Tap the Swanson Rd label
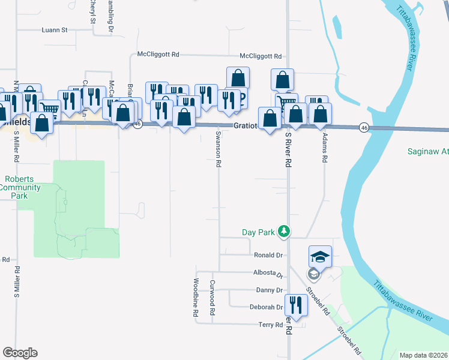click(x=218, y=149)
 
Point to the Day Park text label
click(x=258, y=232)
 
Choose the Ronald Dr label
click(x=268, y=255)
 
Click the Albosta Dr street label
click(x=267, y=273)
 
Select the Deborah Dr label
click(x=266, y=307)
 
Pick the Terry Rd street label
click(x=270, y=325)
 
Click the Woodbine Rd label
click(x=196, y=298)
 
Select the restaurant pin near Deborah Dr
click(x=294, y=302)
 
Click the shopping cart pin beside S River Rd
click(x=286, y=103)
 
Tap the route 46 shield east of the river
click(x=364, y=127)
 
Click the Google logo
click(x=20, y=353)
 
